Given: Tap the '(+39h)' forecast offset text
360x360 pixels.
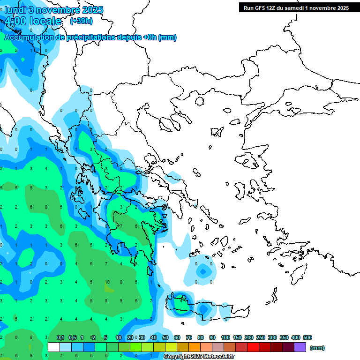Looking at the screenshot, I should click(x=81, y=21).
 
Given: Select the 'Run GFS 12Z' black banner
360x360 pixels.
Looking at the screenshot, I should click(x=296, y=7).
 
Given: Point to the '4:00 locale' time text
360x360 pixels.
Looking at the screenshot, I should click(x=33, y=22).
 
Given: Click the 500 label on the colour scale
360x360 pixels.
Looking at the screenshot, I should click(x=307, y=337).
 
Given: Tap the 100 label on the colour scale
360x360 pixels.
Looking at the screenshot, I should click(x=225, y=337).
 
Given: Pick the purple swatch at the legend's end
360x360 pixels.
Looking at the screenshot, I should click(x=300, y=347).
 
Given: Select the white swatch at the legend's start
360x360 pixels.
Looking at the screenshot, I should click(x=54, y=347).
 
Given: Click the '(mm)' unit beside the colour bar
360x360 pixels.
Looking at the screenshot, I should click(x=317, y=348).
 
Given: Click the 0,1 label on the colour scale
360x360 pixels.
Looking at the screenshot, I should click(x=60, y=337).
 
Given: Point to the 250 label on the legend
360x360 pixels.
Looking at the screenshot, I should click(x=261, y=337).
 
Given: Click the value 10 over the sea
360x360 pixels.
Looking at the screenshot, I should click(x=107, y=282).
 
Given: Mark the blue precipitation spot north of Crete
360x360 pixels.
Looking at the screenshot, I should click(x=202, y=271).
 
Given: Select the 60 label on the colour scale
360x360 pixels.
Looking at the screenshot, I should click(x=177, y=337).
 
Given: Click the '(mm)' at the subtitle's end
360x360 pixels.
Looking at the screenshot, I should click(x=167, y=37).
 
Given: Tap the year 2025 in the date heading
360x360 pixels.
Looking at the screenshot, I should click(x=91, y=10).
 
